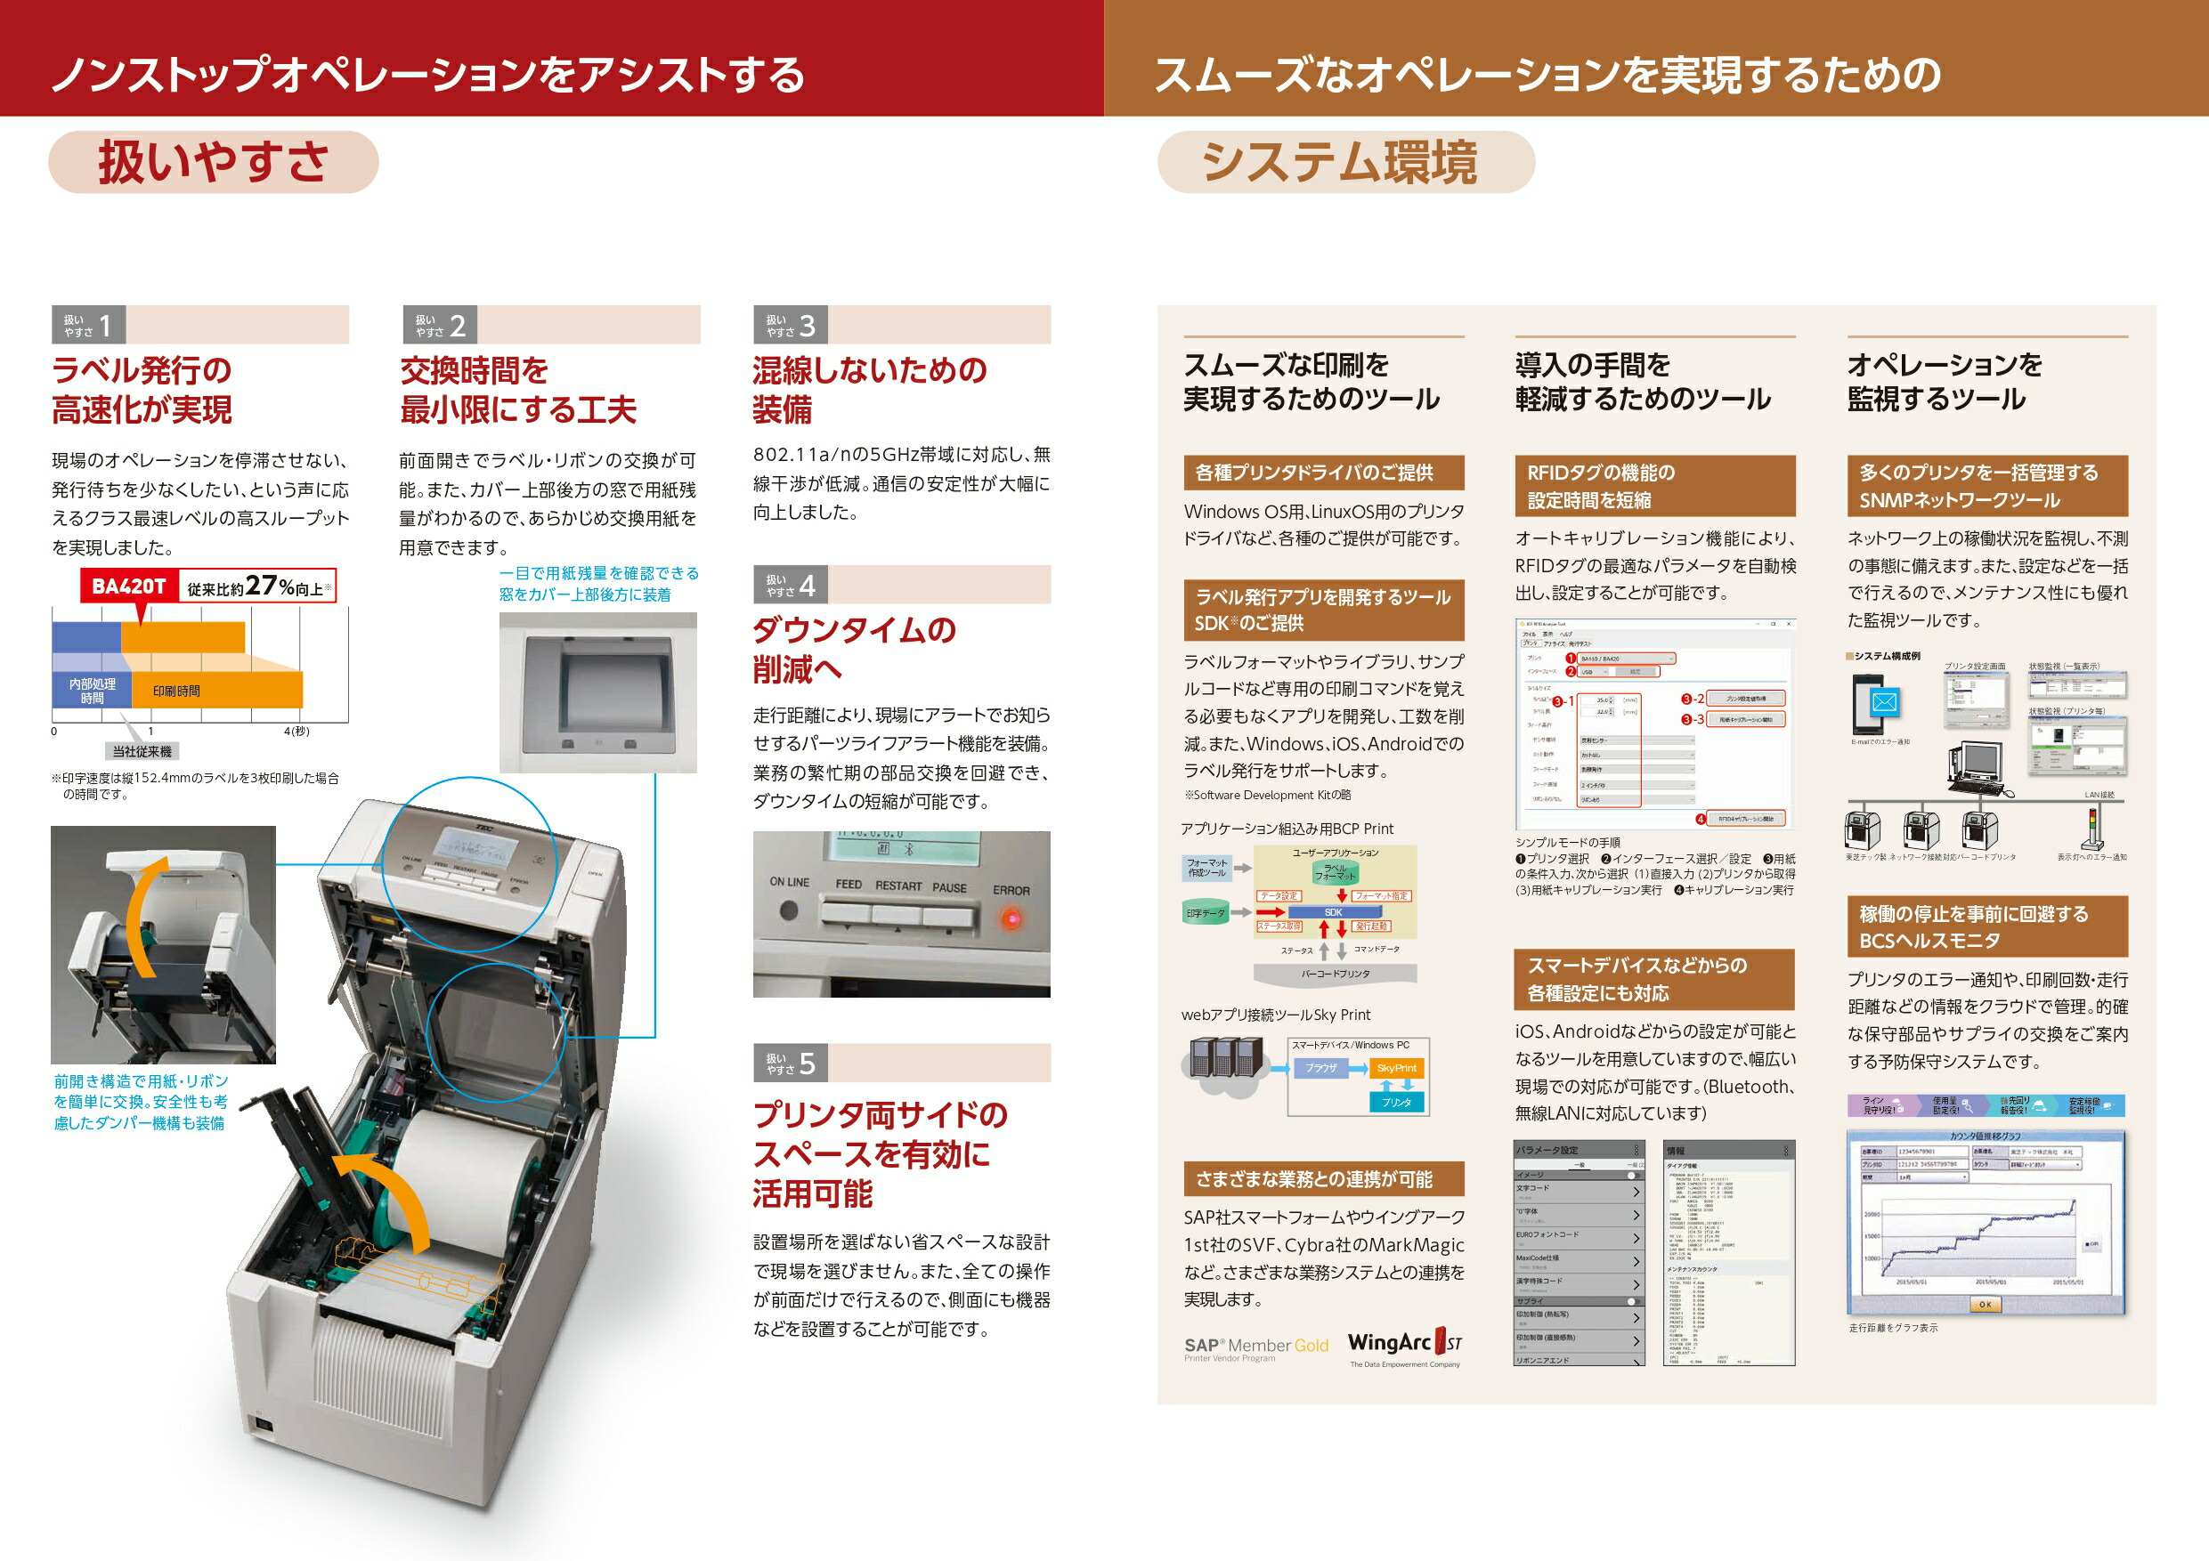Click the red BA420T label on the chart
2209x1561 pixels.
coord(128,586)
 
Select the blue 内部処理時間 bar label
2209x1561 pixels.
coord(92,690)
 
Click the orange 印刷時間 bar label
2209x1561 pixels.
coord(176,691)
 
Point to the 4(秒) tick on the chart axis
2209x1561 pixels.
coord(296,731)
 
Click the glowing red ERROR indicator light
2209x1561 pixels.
coord(1011,918)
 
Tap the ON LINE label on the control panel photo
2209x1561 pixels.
coord(789,882)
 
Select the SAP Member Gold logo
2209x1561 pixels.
coord(1255,1347)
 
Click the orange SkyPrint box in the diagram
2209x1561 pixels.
coord(1396,1068)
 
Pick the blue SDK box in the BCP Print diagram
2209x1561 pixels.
coord(1333,912)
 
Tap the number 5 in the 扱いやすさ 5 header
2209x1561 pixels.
coord(808,1063)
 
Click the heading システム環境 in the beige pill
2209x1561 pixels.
coord(1339,162)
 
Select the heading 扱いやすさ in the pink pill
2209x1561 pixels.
coord(213,162)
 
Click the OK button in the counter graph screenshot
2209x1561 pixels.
coord(1985,1304)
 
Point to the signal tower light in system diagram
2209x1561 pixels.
coord(2091,827)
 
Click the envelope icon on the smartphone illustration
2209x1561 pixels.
coord(1884,702)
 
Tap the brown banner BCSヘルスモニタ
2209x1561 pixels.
coord(1986,926)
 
